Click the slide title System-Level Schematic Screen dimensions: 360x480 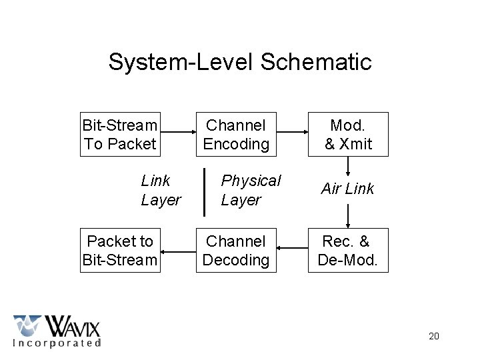click(x=240, y=62)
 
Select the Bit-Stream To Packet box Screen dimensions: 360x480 click(x=120, y=134)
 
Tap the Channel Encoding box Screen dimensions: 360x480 click(x=235, y=134)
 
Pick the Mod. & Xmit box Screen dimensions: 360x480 click(x=347, y=134)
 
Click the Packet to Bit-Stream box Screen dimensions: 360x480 click(x=120, y=251)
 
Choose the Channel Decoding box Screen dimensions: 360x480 click(x=235, y=251)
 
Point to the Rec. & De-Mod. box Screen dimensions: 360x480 click(x=347, y=251)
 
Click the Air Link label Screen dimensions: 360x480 click(x=347, y=189)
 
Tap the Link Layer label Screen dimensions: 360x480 click(x=161, y=190)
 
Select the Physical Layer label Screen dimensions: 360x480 click(x=251, y=190)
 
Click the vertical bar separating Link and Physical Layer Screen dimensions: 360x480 click(x=204, y=192)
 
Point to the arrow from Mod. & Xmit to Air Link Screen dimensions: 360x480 click(x=347, y=166)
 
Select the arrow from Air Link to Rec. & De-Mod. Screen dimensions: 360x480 click(x=347, y=215)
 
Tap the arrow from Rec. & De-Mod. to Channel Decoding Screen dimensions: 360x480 click(x=291, y=251)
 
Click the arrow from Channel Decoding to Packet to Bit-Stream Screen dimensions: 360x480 click(x=177, y=251)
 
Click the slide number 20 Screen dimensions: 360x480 click(x=433, y=336)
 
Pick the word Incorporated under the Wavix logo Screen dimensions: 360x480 click(x=57, y=343)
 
